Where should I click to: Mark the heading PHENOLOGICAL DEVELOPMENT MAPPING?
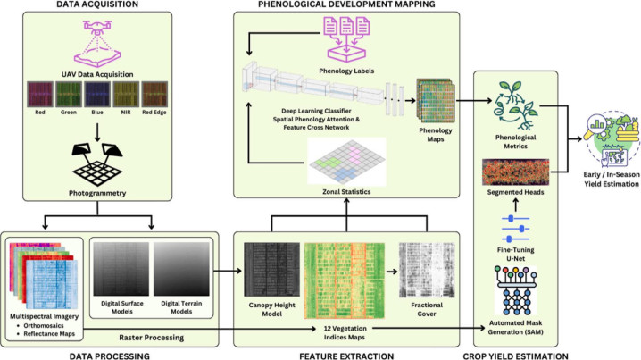[345, 5]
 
